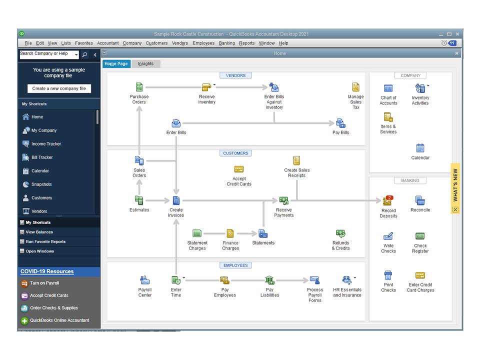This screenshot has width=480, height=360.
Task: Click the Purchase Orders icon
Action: click(139, 87)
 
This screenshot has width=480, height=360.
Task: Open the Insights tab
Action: click(145, 63)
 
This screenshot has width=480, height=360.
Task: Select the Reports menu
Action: click(246, 43)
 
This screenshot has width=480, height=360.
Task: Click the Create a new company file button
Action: click(59, 88)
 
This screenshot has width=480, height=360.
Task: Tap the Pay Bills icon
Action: click(340, 123)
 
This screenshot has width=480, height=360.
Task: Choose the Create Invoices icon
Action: click(176, 200)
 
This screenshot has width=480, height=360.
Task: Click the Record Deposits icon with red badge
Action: click(388, 200)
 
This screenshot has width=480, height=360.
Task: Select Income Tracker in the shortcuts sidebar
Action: click(46, 144)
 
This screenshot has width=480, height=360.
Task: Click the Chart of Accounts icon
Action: click(388, 88)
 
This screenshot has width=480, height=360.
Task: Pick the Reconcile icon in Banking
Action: click(420, 200)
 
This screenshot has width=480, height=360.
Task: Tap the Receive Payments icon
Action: click(284, 200)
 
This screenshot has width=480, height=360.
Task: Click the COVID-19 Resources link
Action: click(47, 271)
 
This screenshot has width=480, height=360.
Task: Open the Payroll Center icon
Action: click(145, 280)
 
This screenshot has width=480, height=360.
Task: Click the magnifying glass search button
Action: click(85, 54)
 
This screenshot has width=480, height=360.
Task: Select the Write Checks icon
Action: click(388, 236)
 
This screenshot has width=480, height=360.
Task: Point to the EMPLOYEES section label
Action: click(235, 265)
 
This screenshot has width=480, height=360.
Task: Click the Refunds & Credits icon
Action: click(340, 233)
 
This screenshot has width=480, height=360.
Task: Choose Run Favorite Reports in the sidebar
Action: click(45, 241)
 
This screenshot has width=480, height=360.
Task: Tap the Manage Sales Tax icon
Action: click(355, 87)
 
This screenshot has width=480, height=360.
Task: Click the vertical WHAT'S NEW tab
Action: click(455, 185)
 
